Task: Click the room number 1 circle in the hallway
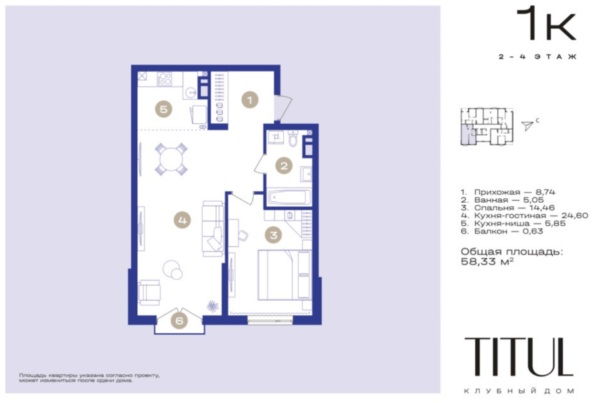250,100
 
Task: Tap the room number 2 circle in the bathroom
284,166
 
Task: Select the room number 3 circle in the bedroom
274,235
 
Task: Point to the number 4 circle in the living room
182,220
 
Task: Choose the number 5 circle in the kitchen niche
163,109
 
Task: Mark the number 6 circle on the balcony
179,321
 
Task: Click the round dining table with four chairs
171,159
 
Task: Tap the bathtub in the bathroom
288,197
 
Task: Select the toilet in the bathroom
293,139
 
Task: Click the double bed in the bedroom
284,274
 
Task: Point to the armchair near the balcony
149,293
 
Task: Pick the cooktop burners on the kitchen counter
165,79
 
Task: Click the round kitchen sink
189,92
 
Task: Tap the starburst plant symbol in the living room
213,306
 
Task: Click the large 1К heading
546,23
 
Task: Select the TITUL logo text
519,357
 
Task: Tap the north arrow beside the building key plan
527,125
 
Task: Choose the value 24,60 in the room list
574,216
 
